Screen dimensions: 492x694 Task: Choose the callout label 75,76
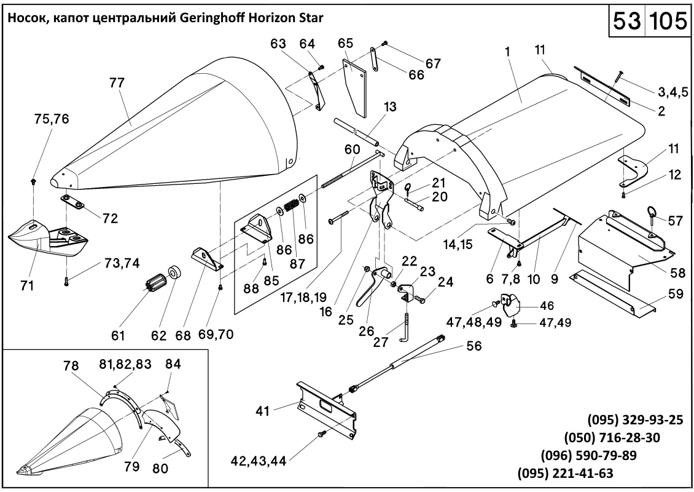(51, 120)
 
